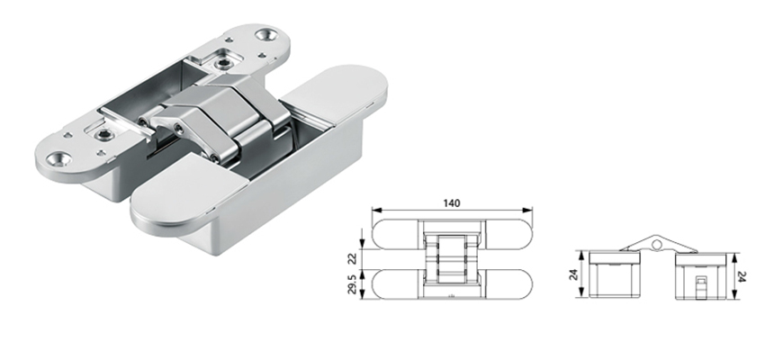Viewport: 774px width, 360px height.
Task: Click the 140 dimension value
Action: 452,203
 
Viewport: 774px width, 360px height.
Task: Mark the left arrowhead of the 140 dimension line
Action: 374,212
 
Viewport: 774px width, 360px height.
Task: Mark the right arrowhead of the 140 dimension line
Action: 532,212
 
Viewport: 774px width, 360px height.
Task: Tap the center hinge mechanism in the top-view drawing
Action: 453,260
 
